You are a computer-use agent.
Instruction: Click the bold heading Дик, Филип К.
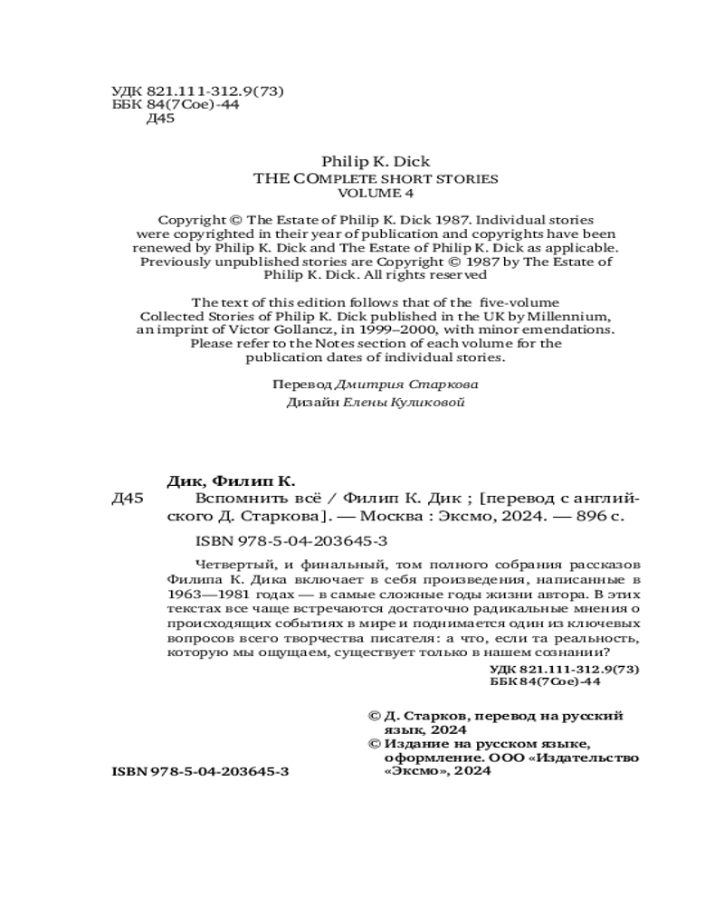click(x=233, y=480)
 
